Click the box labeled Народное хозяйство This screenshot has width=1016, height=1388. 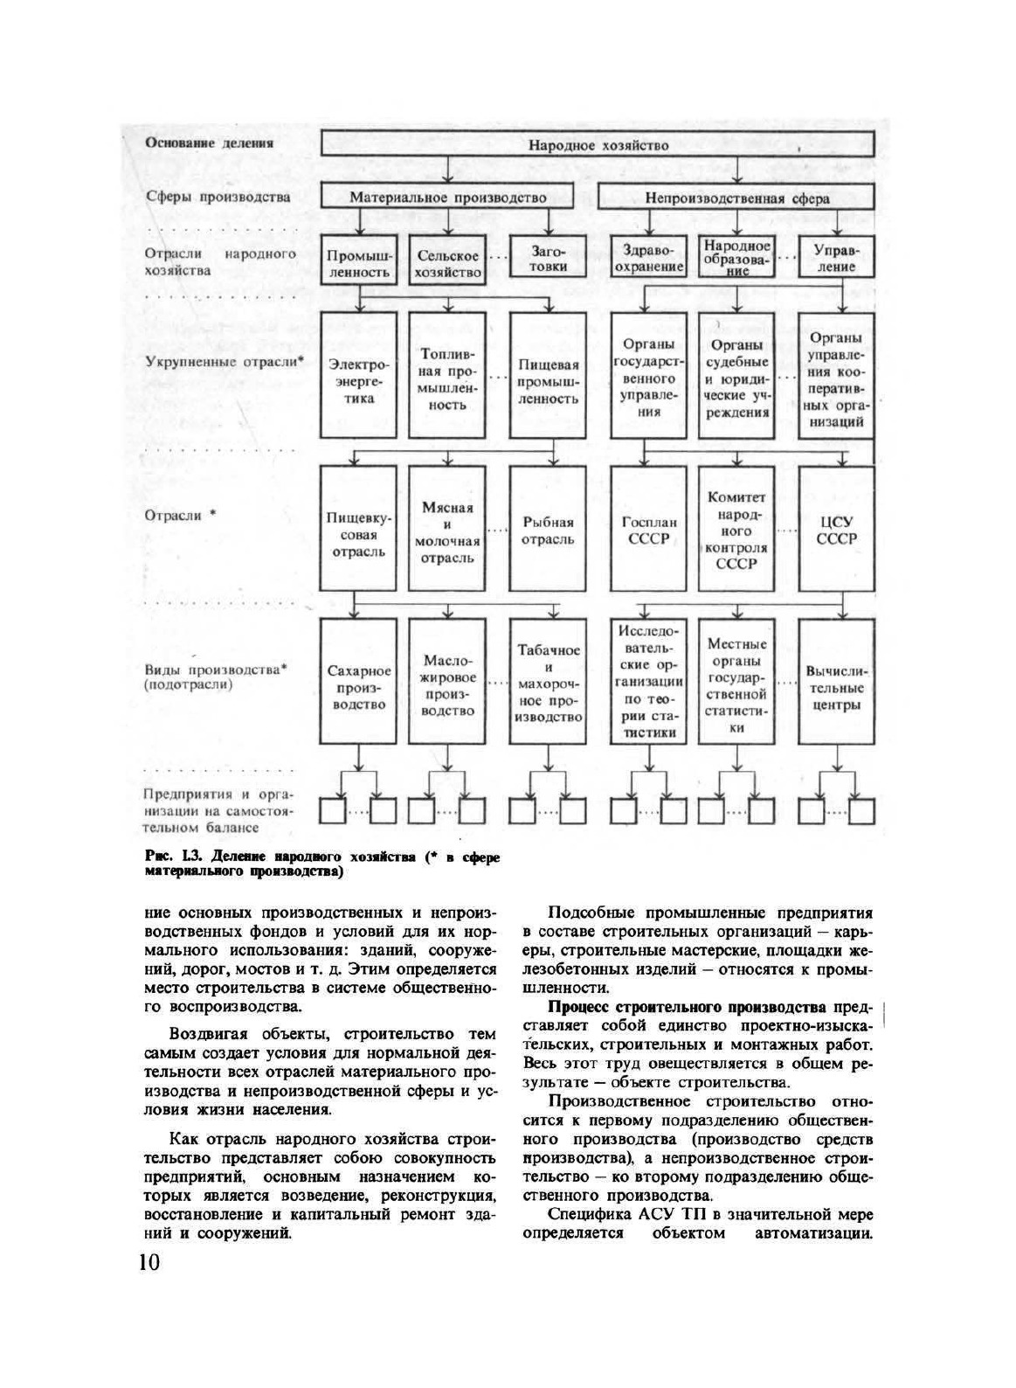[x=598, y=145]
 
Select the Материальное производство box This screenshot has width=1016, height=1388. [x=447, y=197]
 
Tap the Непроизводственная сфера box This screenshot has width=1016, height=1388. [x=737, y=198]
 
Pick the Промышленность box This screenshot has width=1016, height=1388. [x=358, y=263]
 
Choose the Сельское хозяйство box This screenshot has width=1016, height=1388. [x=447, y=263]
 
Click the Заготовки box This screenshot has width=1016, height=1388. [x=549, y=258]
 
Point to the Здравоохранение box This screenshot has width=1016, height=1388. [x=647, y=258]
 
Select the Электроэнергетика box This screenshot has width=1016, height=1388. [x=358, y=377]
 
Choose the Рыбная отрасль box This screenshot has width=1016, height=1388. [x=549, y=530]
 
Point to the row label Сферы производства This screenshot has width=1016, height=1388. [x=218, y=197]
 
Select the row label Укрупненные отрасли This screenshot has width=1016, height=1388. [x=223, y=361]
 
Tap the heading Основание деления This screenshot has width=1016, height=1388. [x=210, y=142]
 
